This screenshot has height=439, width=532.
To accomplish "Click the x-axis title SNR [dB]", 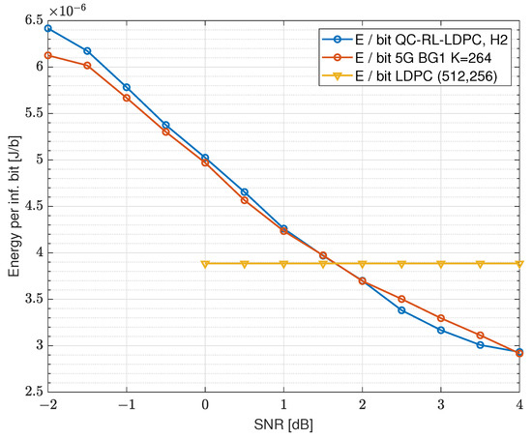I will (283, 423).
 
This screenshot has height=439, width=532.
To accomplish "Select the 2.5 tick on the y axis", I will (31, 392).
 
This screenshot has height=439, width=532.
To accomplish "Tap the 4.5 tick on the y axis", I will (31, 206).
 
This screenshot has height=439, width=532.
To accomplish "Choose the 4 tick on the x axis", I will (520, 404).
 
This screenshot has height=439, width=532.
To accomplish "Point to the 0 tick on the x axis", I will (205, 404).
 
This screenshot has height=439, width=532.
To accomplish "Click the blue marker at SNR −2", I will (47, 28).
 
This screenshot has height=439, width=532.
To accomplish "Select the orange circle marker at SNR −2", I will (47, 55).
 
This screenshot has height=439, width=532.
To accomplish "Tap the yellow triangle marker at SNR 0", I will (205, 263).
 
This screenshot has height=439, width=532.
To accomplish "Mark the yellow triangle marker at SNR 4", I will (519, 263).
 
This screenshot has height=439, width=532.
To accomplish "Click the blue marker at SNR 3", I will (441, 330).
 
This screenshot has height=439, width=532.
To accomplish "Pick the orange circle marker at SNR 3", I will (441, 318).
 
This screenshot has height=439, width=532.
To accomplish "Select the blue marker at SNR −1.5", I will (87, 51).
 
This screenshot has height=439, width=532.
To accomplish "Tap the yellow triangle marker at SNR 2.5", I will (401, 263).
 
